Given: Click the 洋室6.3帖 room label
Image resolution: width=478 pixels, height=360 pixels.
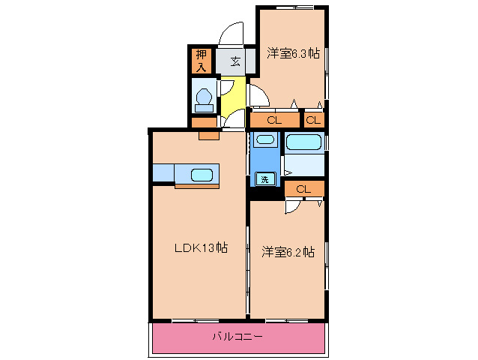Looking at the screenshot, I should pyautogui.click(x=293, y=53).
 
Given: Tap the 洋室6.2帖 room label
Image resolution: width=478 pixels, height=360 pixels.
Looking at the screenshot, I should pyautogui.click(x=288, y=252).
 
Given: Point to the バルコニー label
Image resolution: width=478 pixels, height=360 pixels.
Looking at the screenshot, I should pyautogui.click(x=237, y=337).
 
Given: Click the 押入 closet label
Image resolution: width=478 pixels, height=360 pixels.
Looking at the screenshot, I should pyautogui.click(x=202, y=61).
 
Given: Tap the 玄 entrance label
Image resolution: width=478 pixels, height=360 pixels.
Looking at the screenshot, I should pyautogui.click(x=235, y=61).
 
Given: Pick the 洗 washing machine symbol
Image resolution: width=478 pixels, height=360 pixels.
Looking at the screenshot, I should pyautogui.click(x=264, y=178).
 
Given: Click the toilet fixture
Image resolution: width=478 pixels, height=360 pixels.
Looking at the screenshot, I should pyautogui.click(x=203, y=98).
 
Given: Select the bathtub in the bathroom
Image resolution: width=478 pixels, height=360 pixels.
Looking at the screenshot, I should pyautogui.click(x=303, y=142).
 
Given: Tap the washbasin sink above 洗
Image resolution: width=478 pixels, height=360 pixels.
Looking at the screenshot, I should pyautogui.click(x=264, y=139).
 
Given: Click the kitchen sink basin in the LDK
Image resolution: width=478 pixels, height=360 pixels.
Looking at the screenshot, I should pyautogui.click(x=202, y=175).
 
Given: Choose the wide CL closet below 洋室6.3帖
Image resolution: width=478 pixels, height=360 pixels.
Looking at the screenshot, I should pyautogui.click(x=273, y=120).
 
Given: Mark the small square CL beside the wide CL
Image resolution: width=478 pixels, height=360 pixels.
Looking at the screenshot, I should pyautogui.click(x=313, y=120).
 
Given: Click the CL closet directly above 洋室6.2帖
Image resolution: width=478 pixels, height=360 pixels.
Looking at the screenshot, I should pyautogui.click(x=303, y=189).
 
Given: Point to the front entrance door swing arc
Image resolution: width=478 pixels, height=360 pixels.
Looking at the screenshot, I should pyautogui.click(x=231, y=33).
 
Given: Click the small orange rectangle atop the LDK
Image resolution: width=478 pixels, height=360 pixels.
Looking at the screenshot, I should pyautogui.click(x=208, y=136).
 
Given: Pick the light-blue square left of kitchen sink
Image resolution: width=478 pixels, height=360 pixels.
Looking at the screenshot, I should pyautogui.click(x=163, y=172).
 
